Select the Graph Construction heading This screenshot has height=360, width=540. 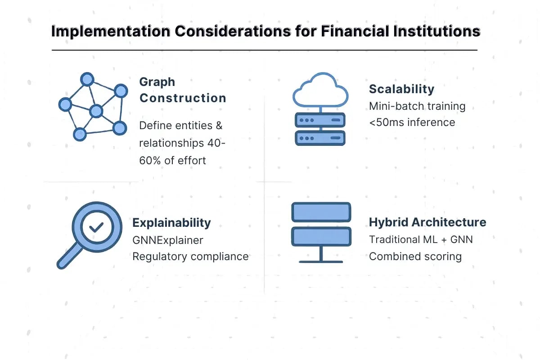[x=182, y=90]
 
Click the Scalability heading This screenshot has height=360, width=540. [x=401, y=89]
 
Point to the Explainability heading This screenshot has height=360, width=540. [x=171, y=223]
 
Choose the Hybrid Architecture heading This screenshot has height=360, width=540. [x=427, y=222]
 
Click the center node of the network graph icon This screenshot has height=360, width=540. [x=96, y=111]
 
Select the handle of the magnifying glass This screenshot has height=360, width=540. [x=67, y=259]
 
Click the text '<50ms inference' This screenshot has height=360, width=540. [x=412, y=122]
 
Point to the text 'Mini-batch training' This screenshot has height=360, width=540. [x=417, y=106]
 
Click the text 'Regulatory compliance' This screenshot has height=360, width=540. [x=190, y=256]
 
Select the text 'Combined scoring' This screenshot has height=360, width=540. [x=415, y=256]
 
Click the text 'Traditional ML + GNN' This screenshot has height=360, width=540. [x=421, y=239]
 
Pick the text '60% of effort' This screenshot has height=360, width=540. [x=172, y=160]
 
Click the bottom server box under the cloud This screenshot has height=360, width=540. [x=320, y=138]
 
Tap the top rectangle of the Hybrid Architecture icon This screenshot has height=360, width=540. [x=321, y=211]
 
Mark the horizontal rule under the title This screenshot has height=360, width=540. [x=265, y=50]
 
